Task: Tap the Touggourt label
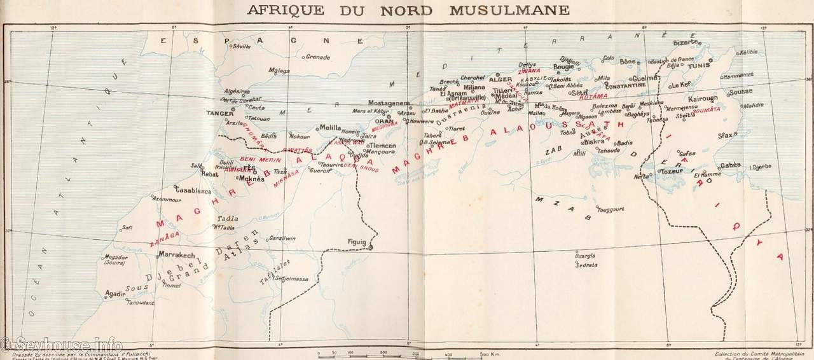pos(611,209)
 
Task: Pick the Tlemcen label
pos(383,146)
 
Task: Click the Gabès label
pos(730,165)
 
